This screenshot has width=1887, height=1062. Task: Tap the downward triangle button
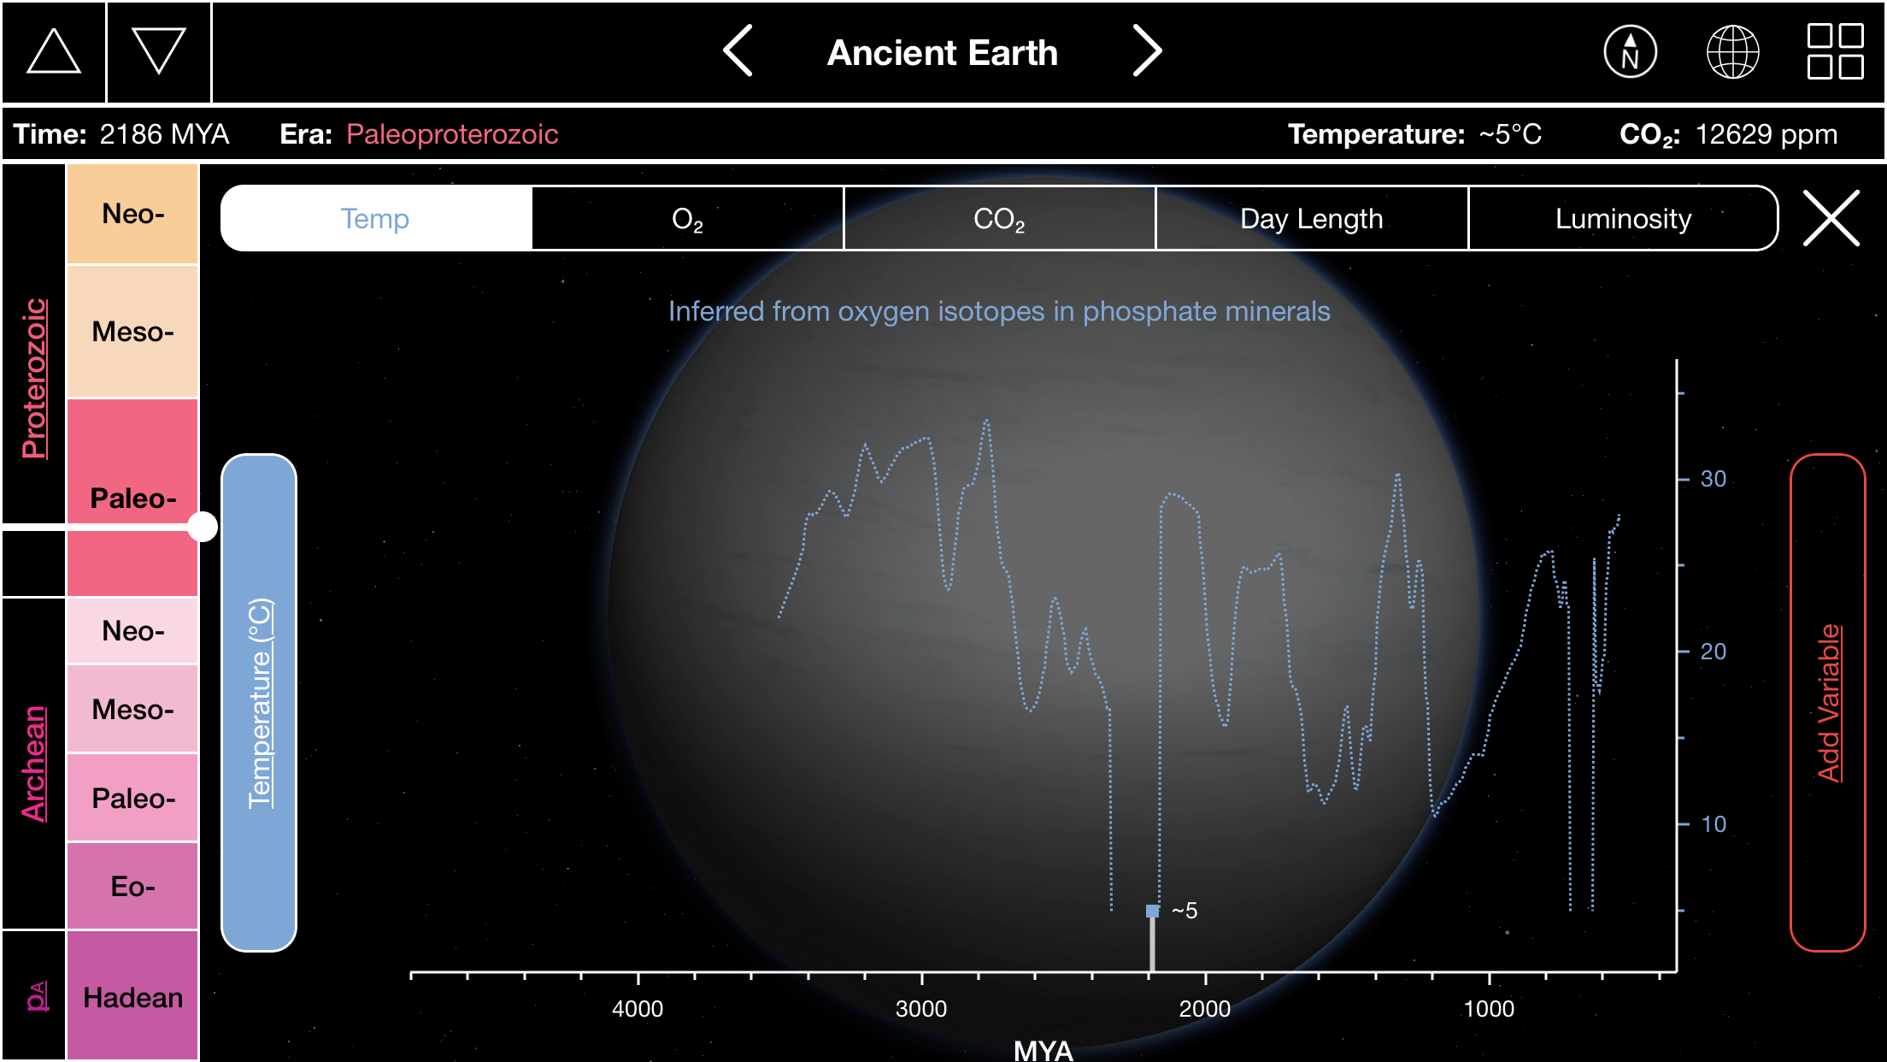pyautogui.click(x=159, y=51)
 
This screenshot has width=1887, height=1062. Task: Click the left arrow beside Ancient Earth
pyautogui.click(x=738, y=50)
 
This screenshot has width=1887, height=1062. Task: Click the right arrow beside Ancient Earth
pyautogui.click(x=1147, y=50)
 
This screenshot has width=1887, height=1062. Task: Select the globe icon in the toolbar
pyautogui.click(x=1732, y=51)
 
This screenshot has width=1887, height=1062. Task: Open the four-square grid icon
pyautogui.click(x=1835, y=51)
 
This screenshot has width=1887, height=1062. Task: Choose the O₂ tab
pyautogui.click(x=687, y=219)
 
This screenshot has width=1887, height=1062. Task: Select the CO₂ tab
pyautogui.click(x=999, y=219)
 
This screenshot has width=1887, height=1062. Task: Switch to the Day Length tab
pyautogui.click(x=1311, y=219)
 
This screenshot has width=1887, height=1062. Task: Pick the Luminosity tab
pyautogui.click(x=1623, y=219)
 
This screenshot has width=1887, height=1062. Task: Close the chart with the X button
pyautogui.click(x=1831, y=218)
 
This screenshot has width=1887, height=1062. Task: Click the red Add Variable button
pyautogui.click(x=1827, y=702)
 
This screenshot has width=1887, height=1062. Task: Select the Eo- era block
pyautogui.click(x=132, y=886)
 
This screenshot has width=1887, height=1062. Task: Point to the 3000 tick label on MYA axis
pyautogui.click(x=921, y=1009)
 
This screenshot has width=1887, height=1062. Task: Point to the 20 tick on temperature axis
pyautogui.click(x=1714, y=652)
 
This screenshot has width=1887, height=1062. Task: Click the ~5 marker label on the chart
pyautogui.click(x=1185, y=911)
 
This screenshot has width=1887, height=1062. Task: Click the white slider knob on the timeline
pyautogui.click(x=203, y=527)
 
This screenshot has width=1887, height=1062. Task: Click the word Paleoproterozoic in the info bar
pyautogui.click(x=452, y=134)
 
